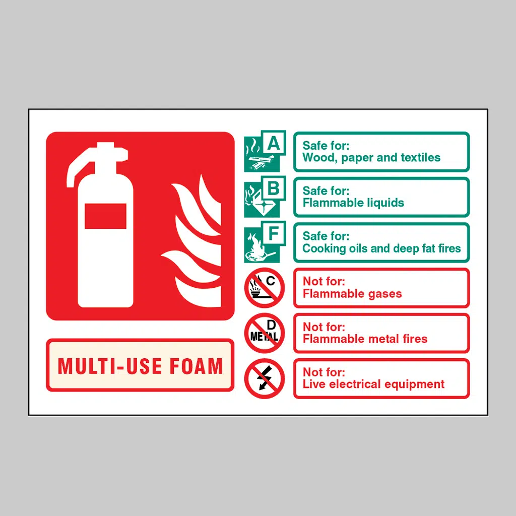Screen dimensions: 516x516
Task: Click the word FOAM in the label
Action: (x=197, y=366)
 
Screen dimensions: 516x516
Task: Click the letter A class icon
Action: (x=265, y=151)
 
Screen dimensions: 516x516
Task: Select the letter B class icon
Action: (x=265, y=197)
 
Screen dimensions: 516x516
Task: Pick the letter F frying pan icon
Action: (x=265, y=242)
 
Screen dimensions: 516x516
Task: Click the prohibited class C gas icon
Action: (x=264, y=288)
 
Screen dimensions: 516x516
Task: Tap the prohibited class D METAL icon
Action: (x=264, y=333)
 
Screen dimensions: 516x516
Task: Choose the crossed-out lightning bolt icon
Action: (x=264, y=378)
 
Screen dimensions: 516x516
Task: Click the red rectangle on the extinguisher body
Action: (x=105, y=216)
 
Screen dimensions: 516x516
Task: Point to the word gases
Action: (x=385, y=294)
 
